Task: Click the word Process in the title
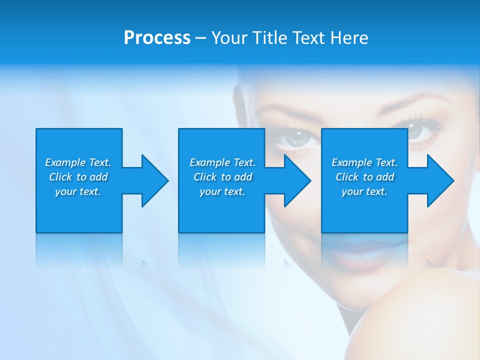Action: [x=157, y=38]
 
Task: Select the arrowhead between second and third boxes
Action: [x=296, y=180]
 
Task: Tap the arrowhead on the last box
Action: [x=439, y=180]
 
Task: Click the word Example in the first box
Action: [x=66, y=162]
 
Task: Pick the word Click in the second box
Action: [x=205, y=177]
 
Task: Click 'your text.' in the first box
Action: [x=78, y=191]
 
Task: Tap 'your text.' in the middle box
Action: [x=222, y=191]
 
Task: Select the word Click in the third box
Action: [x=347, y=177]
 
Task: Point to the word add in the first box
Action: [x=98, y=177]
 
